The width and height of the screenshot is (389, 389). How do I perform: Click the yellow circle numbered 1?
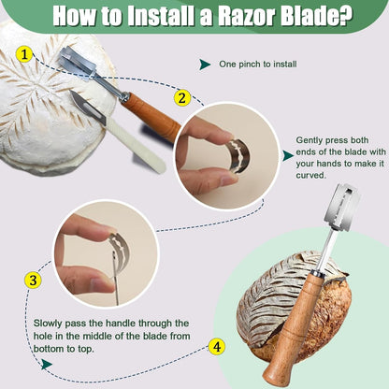(24, 55)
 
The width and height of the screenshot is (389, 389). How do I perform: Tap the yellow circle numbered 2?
(181, 98)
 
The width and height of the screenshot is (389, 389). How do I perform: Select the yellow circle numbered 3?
(33, 280)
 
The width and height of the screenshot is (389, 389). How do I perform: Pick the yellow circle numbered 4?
(217, 346)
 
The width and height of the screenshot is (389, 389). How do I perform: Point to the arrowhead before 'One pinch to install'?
(205, 65)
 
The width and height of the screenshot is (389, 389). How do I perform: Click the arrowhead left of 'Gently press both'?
(288, 155)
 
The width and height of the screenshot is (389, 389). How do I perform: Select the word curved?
(310, 175)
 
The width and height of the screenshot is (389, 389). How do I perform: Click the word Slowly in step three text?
(48, 324)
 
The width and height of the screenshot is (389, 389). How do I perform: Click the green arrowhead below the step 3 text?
(47, 364)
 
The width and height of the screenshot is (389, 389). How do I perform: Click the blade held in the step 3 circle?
(120, 252)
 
